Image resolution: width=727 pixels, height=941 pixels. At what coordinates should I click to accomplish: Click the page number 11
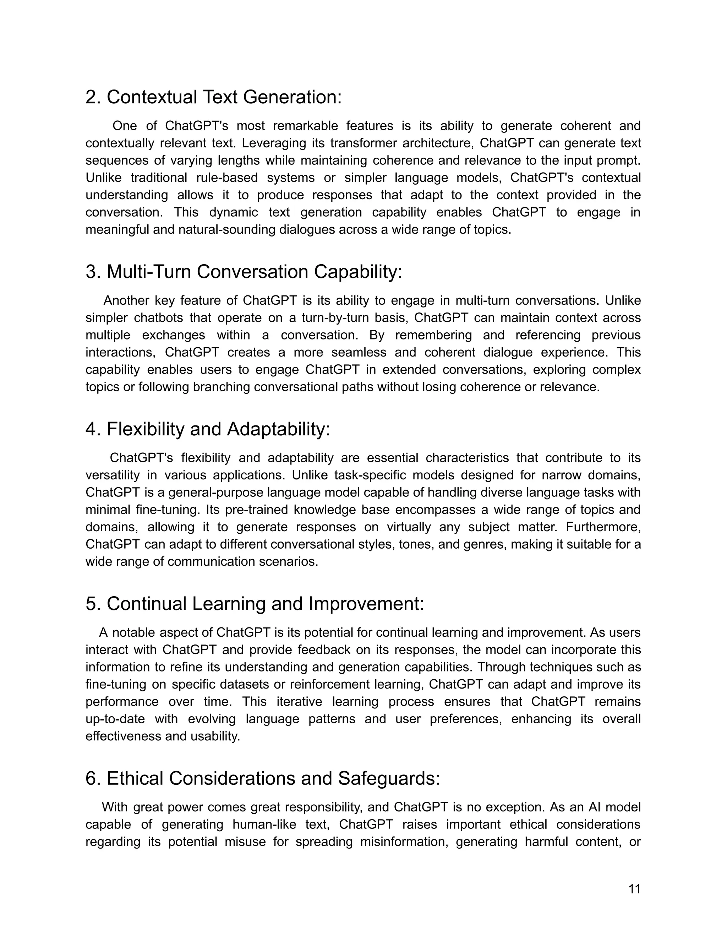click(634, 889)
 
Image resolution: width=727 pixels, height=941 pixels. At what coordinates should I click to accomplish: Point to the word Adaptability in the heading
click(278, 429)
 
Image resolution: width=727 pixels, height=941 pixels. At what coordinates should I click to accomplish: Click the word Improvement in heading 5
click(366, 604)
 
